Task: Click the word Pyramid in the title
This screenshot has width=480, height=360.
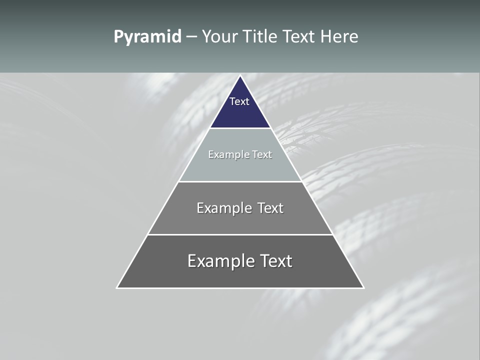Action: point(147,37)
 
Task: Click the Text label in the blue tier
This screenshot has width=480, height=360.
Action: point(239,101)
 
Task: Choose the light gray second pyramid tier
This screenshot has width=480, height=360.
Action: point(240,167)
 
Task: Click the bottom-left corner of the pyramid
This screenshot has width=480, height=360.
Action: point(117,287)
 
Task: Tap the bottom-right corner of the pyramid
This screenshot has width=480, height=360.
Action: point(363,287)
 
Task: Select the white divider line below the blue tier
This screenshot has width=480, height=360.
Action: point(240,128)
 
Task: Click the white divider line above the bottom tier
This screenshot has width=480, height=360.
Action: point(240,234)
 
